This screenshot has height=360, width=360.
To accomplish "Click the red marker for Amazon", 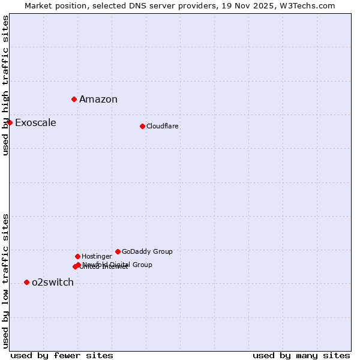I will [74, 99].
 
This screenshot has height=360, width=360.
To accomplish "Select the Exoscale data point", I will [10, 122].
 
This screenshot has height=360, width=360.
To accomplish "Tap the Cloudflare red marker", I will [142, 126].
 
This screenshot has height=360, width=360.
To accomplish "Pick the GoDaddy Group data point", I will [118, 251].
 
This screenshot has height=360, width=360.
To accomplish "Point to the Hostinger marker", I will [77, 256].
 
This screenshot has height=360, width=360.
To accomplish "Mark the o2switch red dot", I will [26, 282].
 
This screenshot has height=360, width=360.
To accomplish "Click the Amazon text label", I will [98, 100].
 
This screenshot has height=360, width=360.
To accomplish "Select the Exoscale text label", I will [35, 123].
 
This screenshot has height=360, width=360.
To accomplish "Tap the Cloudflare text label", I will [163, 127].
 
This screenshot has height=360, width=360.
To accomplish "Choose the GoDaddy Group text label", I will [147, 252].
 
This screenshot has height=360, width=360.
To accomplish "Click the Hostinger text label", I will [97, 257].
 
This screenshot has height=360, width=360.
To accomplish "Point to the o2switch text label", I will [53, 283].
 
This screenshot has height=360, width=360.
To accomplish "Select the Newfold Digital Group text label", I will [118, 265].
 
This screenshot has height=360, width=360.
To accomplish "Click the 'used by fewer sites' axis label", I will [62, 356].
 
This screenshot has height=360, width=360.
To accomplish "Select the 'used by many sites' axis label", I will [301, 356].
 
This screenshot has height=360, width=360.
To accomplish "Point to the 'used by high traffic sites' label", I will [5, 85].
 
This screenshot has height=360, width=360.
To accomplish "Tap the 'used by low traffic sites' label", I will [5, 281].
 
